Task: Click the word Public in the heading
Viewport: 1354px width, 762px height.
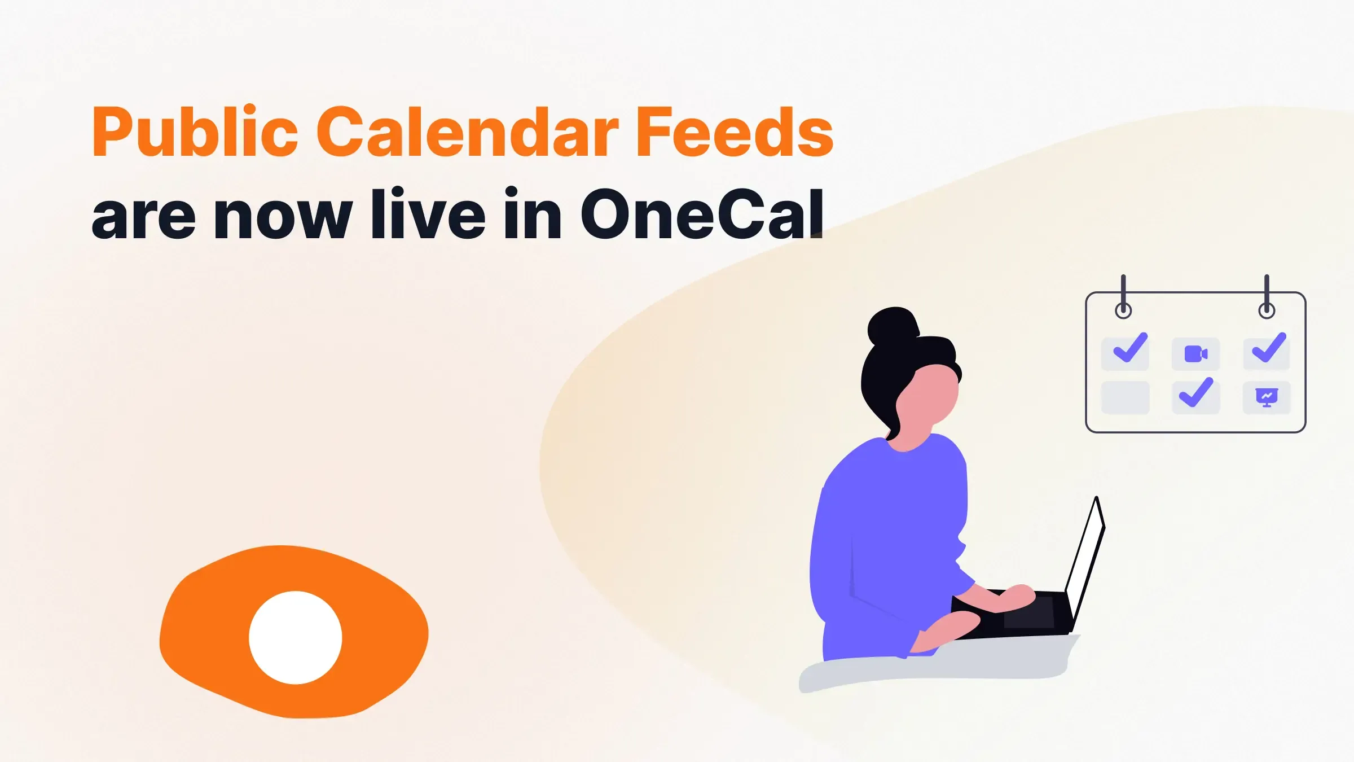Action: [x=195, y=133]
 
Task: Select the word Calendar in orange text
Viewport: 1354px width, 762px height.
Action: [x=467, y=133]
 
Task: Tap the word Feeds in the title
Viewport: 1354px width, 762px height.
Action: [x=733, y=133]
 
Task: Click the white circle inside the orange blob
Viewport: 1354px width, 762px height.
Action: [x=295, y=637]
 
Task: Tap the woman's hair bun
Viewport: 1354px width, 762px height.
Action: [x=893, y=326]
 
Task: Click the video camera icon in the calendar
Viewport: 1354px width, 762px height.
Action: [x=1195, y=354]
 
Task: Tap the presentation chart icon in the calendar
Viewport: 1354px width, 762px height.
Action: [x=1267, y=397]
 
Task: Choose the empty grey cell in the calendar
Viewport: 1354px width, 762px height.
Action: [x=1125, y=397]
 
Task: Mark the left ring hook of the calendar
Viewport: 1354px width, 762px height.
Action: [x=1123, y=310]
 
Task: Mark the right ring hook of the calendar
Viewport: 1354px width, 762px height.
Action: [x=1267, y=310]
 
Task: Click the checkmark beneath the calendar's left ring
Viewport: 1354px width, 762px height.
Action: [x=1129, y=348]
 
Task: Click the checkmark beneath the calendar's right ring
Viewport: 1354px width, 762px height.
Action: [x=1269, y=348]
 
